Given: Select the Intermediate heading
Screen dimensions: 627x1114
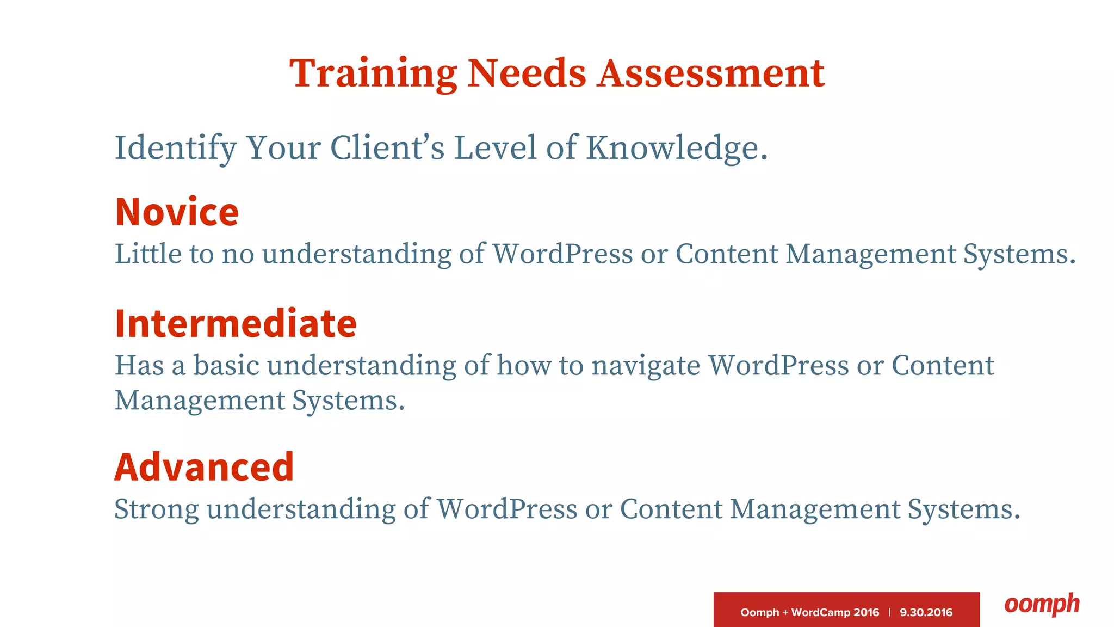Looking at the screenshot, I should pyautogui.click(x=236, y=323).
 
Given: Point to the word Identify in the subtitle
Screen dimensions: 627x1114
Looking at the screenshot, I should pyautogui.click(x=175, y=148).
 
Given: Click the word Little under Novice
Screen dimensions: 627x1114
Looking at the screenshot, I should pyautogui.click(x=147, y=254).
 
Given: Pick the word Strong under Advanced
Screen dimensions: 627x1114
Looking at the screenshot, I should pyautogui.click(x=157, y=509).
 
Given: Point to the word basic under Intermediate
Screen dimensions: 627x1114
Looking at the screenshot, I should pyautogui.click(x=226, y=365).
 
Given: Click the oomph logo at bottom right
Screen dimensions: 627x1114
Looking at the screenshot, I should pyautogui.click(x=1042, y=604).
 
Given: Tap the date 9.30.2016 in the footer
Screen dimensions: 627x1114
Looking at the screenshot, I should pyautogui.click(x=926, y=612).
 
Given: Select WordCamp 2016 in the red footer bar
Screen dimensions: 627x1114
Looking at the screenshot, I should pyautogui.click(x=835, y=612).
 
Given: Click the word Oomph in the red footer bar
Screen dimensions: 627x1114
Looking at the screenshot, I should pyautogui.click(x=759, y=612).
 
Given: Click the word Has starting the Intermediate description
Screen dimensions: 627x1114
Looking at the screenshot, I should pyautogui.click(x=139, y=365).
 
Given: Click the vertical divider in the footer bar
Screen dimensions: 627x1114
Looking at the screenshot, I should pyautogui.click(x=889, y=612).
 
